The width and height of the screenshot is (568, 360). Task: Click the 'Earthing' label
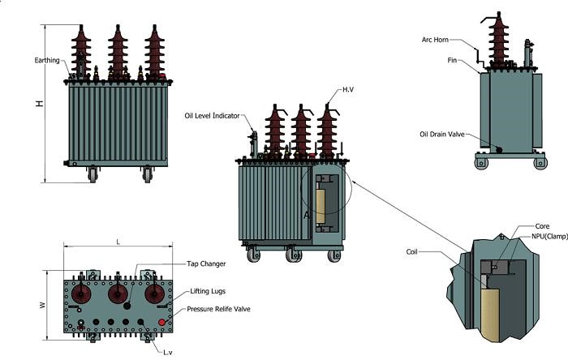coord(46,60)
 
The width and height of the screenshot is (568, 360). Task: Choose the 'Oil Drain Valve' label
coord(441,134)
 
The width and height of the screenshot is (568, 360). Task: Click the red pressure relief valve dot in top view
coord(162,322)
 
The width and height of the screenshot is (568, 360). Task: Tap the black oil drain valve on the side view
coord(498,150)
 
